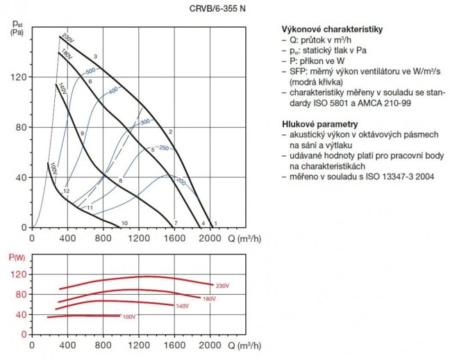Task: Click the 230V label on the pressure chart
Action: [67, 37]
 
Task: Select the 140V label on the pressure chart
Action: [62, 88]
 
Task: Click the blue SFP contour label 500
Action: [90, 72]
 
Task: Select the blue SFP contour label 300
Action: [145, 122]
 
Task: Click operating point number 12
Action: [67, 190]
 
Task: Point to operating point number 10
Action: [124, 223]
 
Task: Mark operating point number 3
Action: [94, 56]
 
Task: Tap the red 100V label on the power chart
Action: [129, 317]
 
